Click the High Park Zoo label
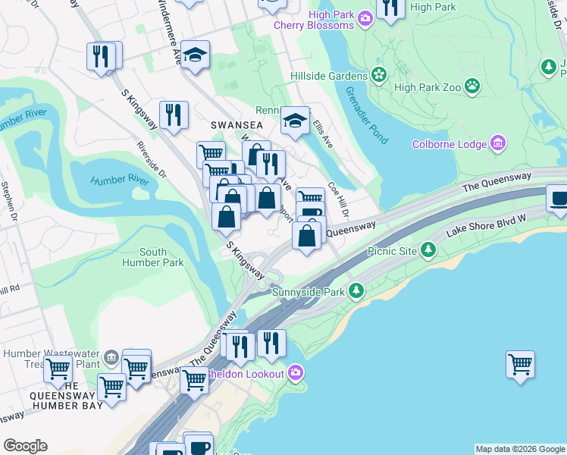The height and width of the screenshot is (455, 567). click(x=428, y=87)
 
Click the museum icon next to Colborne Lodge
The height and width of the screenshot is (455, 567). click(x=498, y=143)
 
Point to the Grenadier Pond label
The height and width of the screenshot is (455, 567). click(x=368, y=116)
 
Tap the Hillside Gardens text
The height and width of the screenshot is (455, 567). click(x=330, y=76)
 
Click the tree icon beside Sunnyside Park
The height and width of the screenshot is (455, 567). click(x=355, y=290)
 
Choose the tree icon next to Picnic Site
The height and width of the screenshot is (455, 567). click(x=429, y=249)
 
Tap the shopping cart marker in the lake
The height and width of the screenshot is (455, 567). click(x=520, y=365)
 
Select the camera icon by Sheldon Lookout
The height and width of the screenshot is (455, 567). click(x=295, y=372)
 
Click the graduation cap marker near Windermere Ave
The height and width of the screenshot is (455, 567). click(x=196, y=55)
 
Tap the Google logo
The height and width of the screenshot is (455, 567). click(x=25, y=446)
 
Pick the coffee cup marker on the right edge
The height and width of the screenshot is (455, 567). click(x=558, y=199)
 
